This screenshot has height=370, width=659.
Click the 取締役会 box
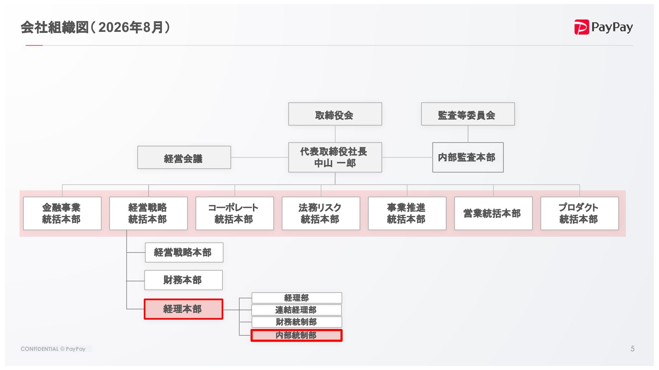point(335,114)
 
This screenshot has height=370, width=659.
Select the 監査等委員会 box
point(468,114)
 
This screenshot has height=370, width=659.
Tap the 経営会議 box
point(184,158)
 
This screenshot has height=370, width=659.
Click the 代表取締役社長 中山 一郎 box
point(335,157)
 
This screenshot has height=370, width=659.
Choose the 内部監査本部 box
point(468,157)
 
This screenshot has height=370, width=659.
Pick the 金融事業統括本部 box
point(62,213)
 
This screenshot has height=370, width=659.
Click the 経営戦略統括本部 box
point(148,213)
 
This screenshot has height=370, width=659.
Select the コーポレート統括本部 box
point(235,213)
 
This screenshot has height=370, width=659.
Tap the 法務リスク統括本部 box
point(321,213)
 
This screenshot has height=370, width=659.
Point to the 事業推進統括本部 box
point(407,213)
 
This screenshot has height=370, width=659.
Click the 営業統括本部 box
point(493,213)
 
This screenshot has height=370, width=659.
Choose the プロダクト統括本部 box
point(580,213)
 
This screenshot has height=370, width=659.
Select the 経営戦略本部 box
point(184,252)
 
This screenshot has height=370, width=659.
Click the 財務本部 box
point(183,280)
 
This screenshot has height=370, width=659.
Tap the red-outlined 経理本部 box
point(183,309)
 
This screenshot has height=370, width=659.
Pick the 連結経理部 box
point(297,310)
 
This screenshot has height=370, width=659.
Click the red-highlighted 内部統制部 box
point(297,335)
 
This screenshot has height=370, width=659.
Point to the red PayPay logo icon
point(581,27)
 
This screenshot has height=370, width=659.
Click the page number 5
point(632,349)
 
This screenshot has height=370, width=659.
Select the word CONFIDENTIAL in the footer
point(39,349)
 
